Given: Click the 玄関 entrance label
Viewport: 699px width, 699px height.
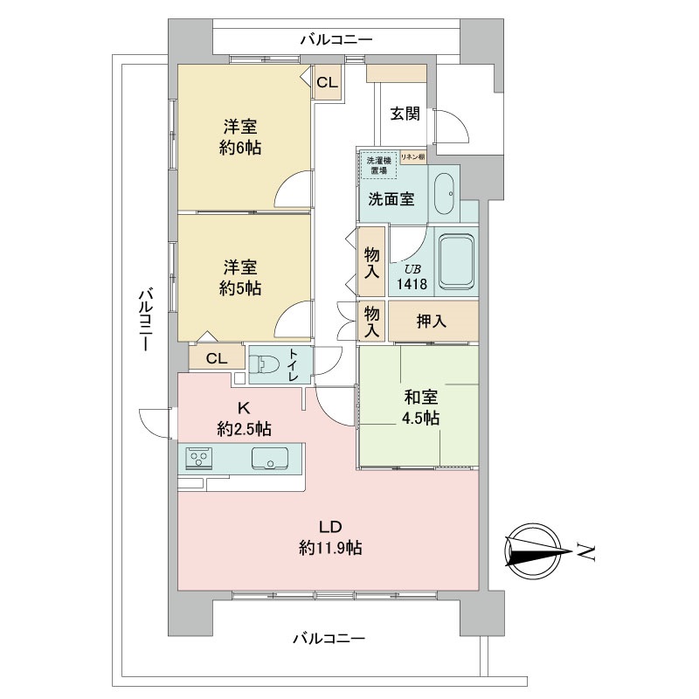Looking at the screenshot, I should [x=405, y=113].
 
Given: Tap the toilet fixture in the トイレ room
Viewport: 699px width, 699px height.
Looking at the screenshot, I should [x=266, y=365].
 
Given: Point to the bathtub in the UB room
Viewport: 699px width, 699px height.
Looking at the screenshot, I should [x=456, y=260].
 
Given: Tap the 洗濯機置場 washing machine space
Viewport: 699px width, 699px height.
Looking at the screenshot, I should [x=377, y=165].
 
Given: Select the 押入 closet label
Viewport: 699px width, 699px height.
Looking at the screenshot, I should [x=431, y=321].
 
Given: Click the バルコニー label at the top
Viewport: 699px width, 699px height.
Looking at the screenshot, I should [x=336, y=39].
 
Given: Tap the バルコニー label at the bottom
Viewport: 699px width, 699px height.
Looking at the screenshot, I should [x=328, y=639].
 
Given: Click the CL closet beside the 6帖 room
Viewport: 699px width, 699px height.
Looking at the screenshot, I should [x=327, y=83].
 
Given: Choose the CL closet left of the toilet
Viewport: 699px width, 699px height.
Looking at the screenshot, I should [x=217, y=357].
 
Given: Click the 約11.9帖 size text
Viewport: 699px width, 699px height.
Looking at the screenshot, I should [x=329, y=548].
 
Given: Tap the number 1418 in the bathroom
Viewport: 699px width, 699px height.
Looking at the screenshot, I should [x=412, y=285].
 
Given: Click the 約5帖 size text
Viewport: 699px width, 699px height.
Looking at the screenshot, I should [x=240, y=288].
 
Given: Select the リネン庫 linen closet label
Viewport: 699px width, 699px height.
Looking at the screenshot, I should [x=412, y=157].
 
